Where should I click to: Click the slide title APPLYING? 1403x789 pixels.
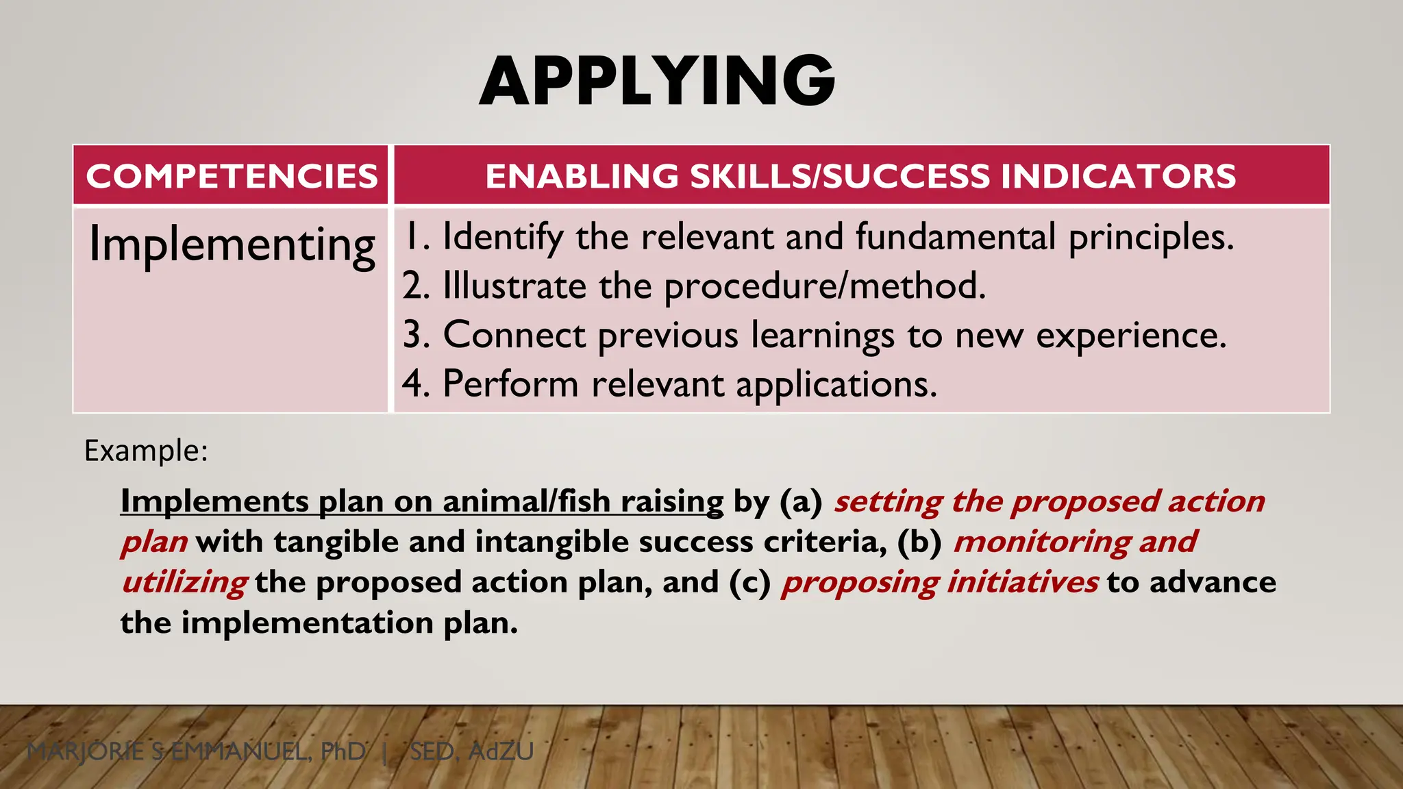(657, 82)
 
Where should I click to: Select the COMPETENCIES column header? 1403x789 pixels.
(232, 176)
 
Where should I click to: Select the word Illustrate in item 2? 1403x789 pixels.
(514, 286)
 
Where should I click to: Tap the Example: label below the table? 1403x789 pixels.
(146, 451)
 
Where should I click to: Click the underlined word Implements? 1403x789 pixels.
(214, 501)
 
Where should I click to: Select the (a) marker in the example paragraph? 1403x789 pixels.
(801, 501)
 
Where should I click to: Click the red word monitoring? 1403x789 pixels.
(1041, 542)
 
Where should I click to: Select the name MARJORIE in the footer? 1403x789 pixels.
(86, 752)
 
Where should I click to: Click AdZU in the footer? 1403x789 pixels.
(501, 752)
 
